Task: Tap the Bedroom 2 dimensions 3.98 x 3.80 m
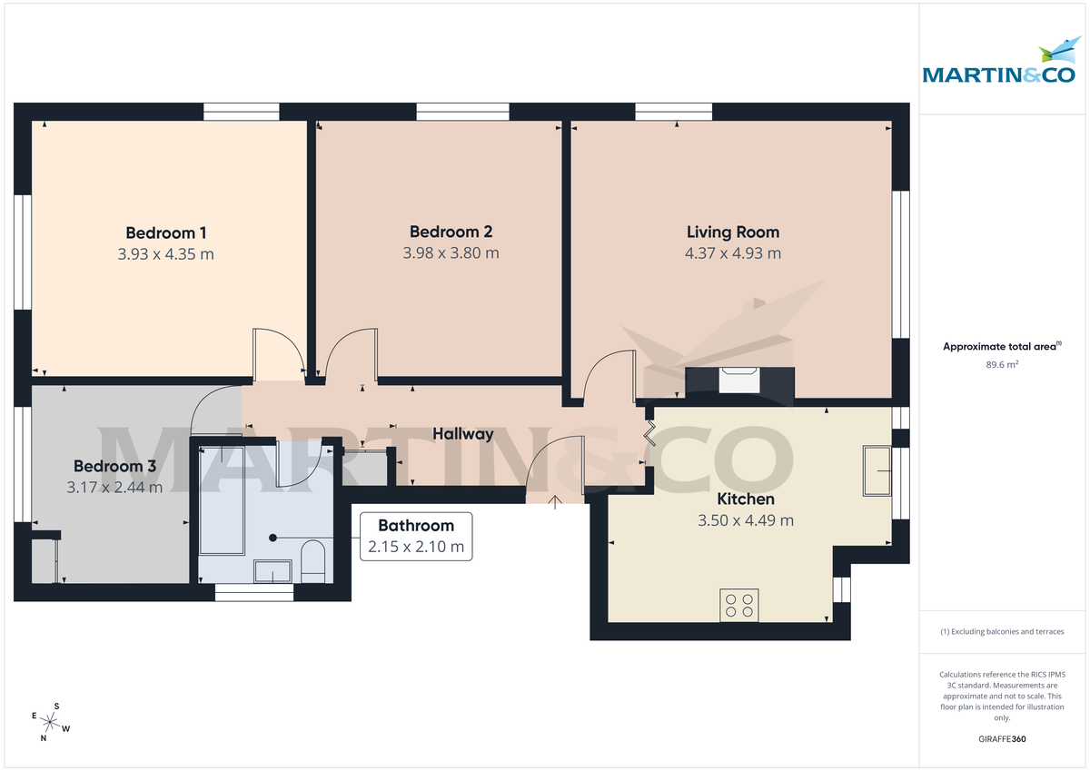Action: tap(451, 253)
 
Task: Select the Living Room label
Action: tap(732, 232)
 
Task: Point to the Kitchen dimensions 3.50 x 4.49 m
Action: tap(745, 520)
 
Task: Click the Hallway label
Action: tap(462, 434)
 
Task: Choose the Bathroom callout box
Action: tap(416, 537)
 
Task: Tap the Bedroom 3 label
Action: tap(114, 466)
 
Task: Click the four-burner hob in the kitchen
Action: tap(739, 605)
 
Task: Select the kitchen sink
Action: tap(877, 471)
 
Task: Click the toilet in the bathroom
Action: tap(312, 558)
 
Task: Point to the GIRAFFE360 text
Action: tap(1001, 739)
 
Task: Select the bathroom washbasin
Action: tap(272, 571)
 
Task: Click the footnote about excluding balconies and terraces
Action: tap(1001, 631)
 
